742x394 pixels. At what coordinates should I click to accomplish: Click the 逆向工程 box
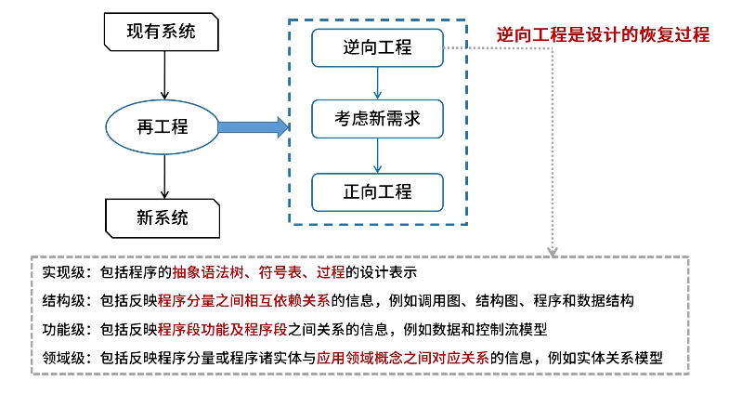click(x=377, y=47)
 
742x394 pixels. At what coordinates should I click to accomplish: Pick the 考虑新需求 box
click(x=377, y=120)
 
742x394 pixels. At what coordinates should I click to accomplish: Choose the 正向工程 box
click(x=377, y=192)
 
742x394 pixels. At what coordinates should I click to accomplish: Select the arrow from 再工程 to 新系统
click(x=163, y=176)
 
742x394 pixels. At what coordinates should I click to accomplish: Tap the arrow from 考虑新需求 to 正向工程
click(x=377, y=155)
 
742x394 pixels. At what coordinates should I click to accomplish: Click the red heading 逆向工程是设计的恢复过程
click(x=603, y=35)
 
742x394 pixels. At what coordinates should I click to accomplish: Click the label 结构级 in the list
click(x=66, y=301)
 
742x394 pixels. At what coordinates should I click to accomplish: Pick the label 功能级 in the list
click(x=66, y=329)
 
